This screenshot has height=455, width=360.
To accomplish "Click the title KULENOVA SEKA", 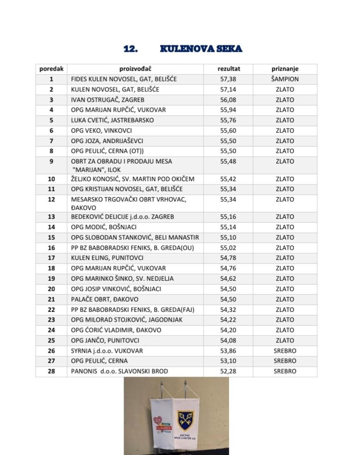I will coord(201,49).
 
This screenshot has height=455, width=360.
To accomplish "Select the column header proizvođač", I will coord(135,69).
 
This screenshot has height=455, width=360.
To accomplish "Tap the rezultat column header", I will coord(229,69).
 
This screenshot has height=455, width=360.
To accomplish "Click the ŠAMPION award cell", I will coord(285,79).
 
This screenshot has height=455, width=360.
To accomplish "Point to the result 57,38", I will coord(229,79).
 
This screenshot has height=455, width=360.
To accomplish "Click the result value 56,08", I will coord(229,100).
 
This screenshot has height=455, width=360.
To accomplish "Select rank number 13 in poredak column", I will coord(51,217).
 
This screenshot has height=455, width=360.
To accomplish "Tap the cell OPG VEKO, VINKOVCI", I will coord(101,131).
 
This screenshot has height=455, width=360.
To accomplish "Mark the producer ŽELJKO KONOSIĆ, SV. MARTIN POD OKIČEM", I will coord(133,179).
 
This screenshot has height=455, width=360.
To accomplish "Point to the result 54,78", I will coord(229,258).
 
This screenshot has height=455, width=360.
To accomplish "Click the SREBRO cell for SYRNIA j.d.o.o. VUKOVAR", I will coord(285,351).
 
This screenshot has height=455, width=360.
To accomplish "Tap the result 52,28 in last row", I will coord(229,371).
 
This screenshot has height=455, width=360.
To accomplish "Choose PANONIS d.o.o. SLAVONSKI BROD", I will coord(119,371).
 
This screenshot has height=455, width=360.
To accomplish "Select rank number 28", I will coord(51,371).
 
